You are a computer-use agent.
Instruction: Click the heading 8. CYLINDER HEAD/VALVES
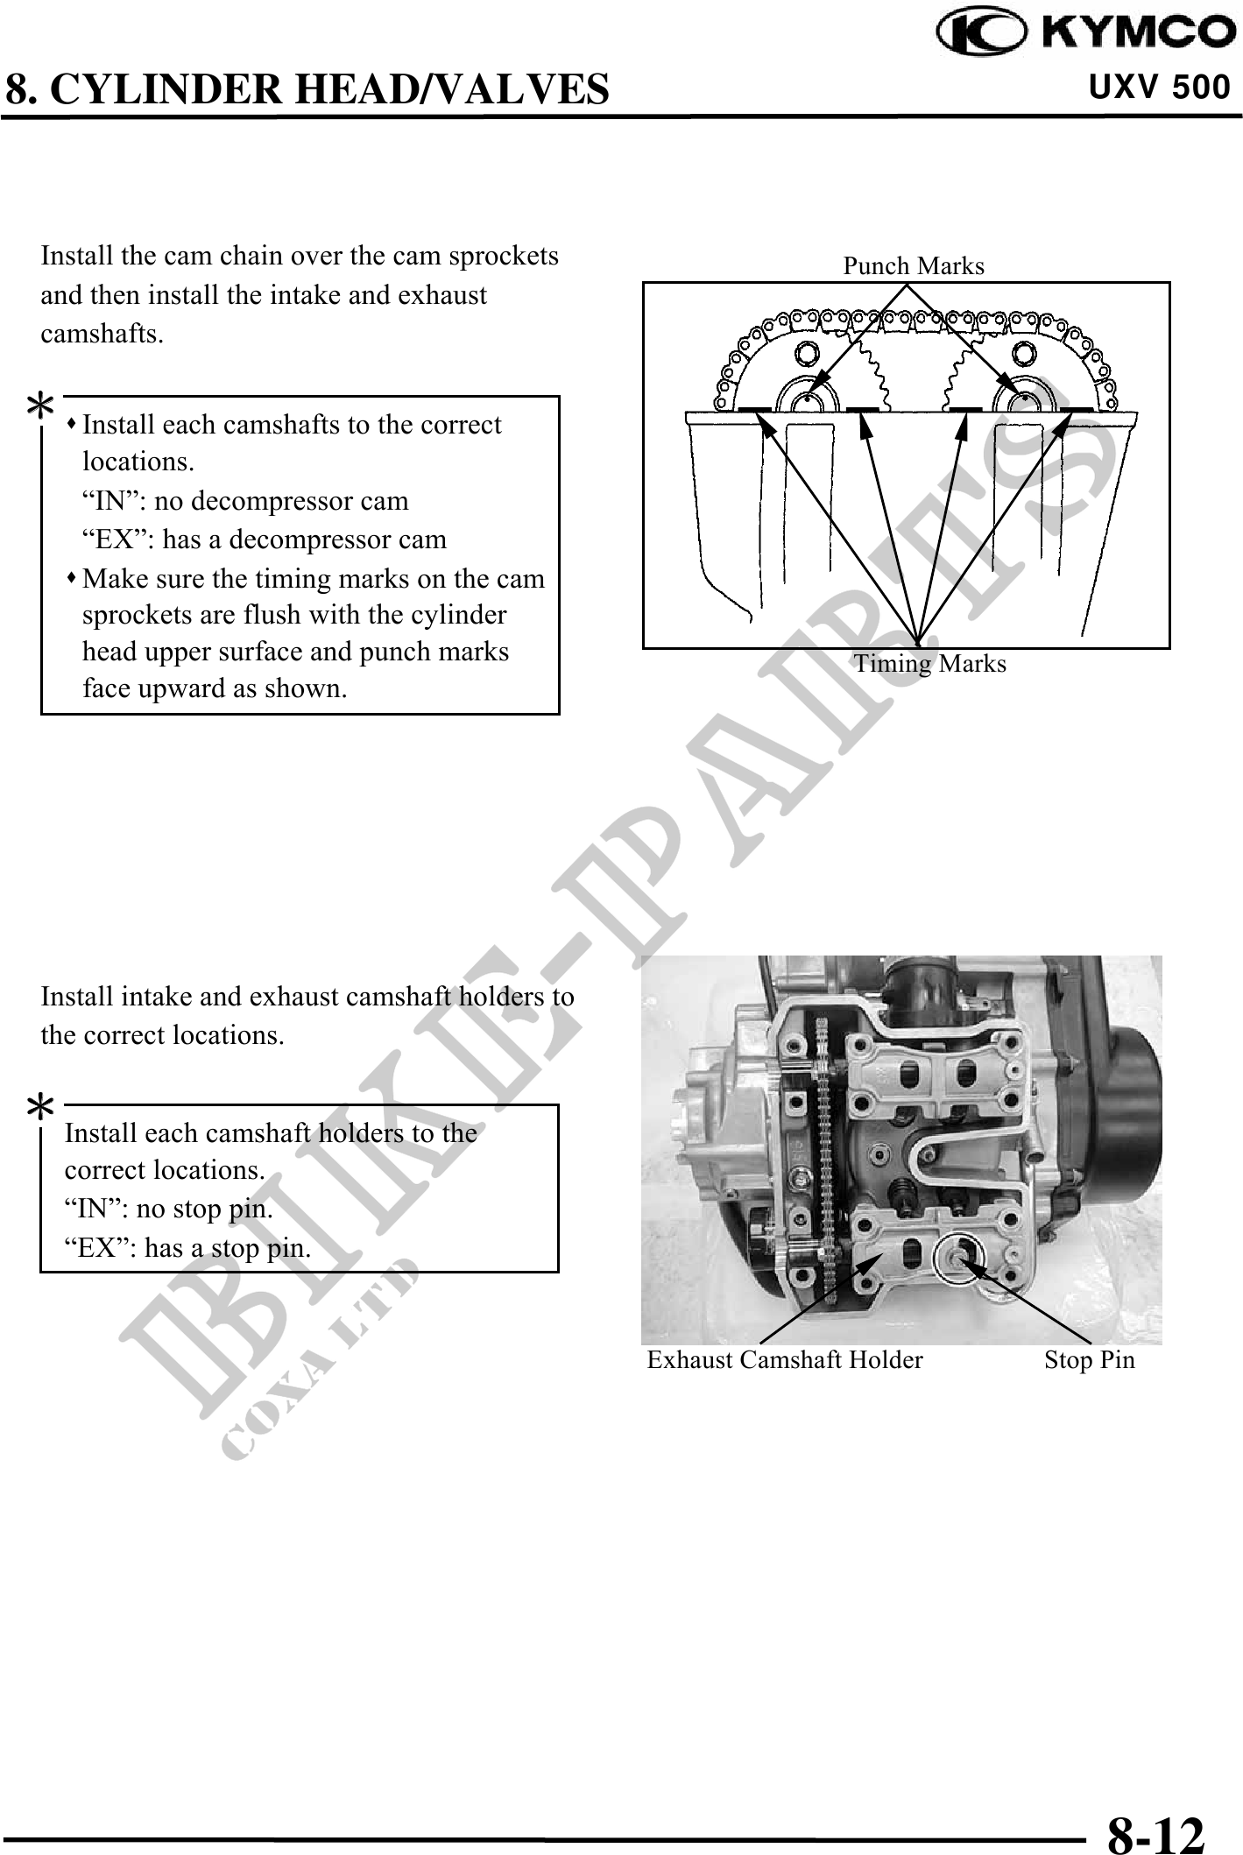(x=307, y=88)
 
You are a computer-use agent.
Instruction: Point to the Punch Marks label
(x=914, y=266)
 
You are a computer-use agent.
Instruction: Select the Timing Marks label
(x=930, y=664)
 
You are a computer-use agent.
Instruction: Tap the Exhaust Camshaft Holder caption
(x=785, y=1360)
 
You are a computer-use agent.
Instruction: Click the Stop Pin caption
(x=1090, y=1360)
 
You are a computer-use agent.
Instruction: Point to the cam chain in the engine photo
(x=823, y=1139)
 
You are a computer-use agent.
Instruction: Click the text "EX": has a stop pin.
(x=188, y=1248)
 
